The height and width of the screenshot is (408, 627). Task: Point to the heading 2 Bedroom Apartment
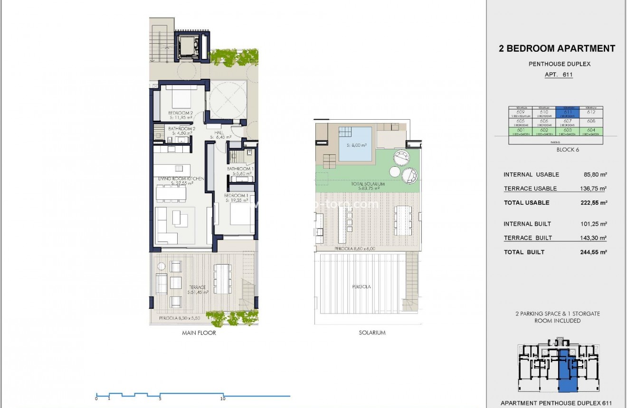(557, 48)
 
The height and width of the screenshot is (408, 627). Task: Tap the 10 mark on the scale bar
(223, 398)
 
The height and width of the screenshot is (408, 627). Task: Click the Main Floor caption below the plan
(199, 333)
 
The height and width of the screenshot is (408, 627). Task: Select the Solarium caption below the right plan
(372, 333)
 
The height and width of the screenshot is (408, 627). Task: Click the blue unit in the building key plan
(565, 370)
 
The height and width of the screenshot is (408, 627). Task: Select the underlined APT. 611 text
(559, 75)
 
